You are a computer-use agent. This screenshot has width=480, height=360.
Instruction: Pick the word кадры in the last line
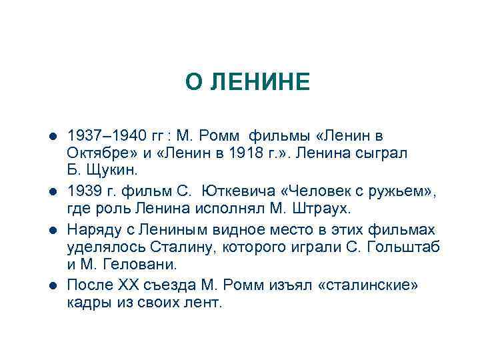pyautogui.click(x=89, y=302)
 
